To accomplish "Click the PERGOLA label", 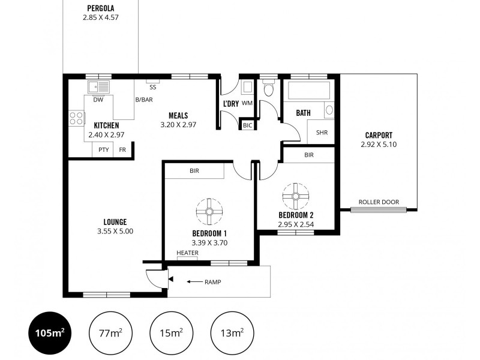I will pyautogui.click(x=100, y=8).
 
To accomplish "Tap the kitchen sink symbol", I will pyautogui.click(x=98, y=87).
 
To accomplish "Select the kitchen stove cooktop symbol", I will pyautogui.click(x=76, y=118).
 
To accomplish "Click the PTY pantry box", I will pyautogui.click(x=104, y=150).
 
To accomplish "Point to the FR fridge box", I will pyautogui.click(x=122, y=150).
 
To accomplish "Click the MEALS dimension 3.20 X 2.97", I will pyautogui.click(x=178, y=125).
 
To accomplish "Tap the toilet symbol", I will pyautogui.click(x=268, y=90).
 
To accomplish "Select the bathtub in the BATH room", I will pyautogui.click(x=310, y=91).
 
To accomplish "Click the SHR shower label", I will pyautogui.click(x=322, y=133).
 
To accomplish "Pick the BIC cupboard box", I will pyautogui.click(x=247, y=125).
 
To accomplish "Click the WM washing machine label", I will pyautogui.click(x=247, y=103).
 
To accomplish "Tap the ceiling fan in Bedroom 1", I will pyautogui.click(x=209, y=211).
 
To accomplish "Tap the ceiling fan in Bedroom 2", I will pyautogui.click(x=295, y=196).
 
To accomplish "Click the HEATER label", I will pyautogui.click(x=187, y=253).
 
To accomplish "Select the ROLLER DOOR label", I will pyautogui.click(x=379, y=202).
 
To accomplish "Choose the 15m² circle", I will pyautogui.click(x=171, y=332).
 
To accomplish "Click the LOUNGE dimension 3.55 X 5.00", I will pyautogui.click(x=115, y=231).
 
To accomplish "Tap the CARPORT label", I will pyautogui.click(x=379, y=135).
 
